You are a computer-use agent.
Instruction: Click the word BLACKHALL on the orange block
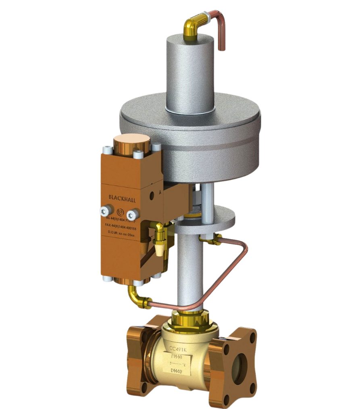tap(122, 197)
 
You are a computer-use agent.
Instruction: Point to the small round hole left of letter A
tap(152, 195)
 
